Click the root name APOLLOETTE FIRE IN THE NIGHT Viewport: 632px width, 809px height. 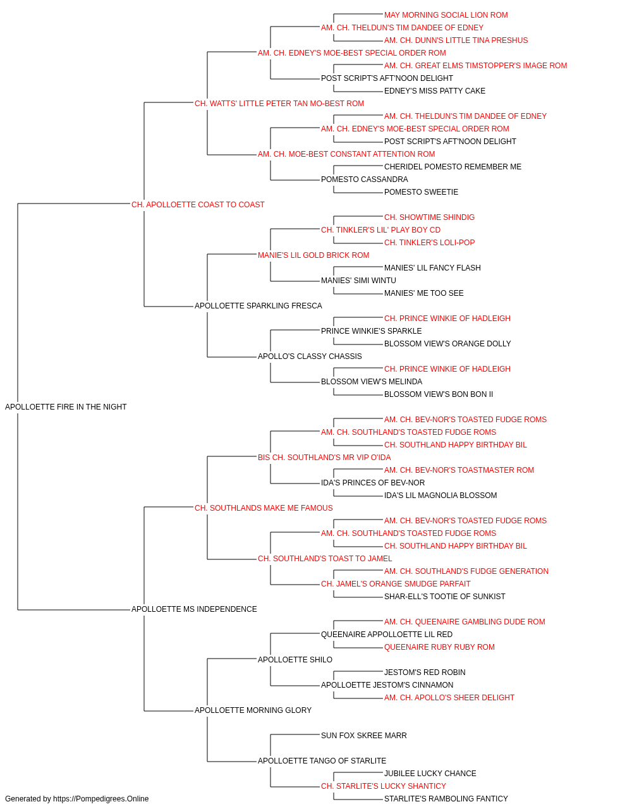[x=66, y=407]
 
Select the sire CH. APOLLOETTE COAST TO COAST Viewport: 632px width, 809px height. [x=198, y=205]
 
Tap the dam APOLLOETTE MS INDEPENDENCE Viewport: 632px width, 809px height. [x=194, y=609]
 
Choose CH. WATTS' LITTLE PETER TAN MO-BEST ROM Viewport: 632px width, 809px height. [x=279, y=104]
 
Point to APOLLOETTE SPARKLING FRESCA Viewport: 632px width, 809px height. [x=258, y=306]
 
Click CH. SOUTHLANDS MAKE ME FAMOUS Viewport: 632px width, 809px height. [x=264, y=508]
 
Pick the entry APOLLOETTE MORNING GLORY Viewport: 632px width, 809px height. [x=253, y=710]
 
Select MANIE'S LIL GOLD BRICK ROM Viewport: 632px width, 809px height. [x=313, y=255]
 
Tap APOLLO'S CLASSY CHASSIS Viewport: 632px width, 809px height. [x=310, y=356]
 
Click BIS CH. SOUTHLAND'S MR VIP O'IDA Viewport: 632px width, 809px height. [x=324, y=457]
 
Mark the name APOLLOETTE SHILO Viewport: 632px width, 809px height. [x=295, y=660]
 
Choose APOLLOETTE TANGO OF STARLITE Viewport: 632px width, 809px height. [x=322, y=760]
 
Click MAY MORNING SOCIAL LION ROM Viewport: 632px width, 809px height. [x=446, y=15]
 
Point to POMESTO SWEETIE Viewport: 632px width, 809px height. [x=421, y=192]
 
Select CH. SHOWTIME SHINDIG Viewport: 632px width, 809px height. [x=429, y=217]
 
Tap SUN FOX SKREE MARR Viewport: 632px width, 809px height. [x=363, y=735]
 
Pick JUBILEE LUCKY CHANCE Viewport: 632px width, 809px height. [x=430, y=773]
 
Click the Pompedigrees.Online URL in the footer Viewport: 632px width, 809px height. [x=100, y=799]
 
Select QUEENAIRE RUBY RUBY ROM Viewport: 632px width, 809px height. [x=439, y=647]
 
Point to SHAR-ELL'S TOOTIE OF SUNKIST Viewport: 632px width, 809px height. [x=444, y=597]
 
